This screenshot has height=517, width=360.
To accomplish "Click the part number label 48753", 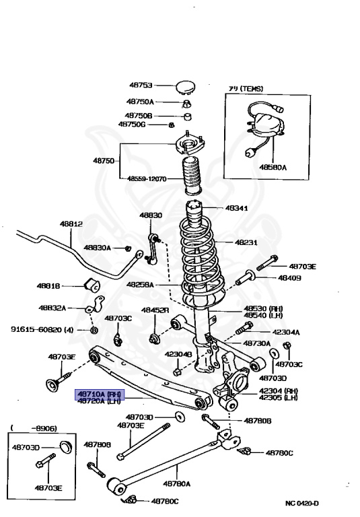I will pyautogui.click(x=141, y=85).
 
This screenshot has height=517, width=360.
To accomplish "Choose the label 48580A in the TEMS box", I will pyautogui.click(x=272, y=168).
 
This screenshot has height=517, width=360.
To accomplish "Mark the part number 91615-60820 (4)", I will pyautogui.click(x=42, y=330).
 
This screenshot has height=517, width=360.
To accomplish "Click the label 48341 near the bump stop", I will pyautogui.click(x=236, y=208).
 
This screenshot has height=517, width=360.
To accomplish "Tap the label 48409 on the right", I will pyautogui.click(x=289, y=278).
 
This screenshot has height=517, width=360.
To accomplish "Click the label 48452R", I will pyautogui.click(x=155, y=310).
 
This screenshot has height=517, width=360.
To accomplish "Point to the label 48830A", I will pyautogui.click(x=98, y=248).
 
